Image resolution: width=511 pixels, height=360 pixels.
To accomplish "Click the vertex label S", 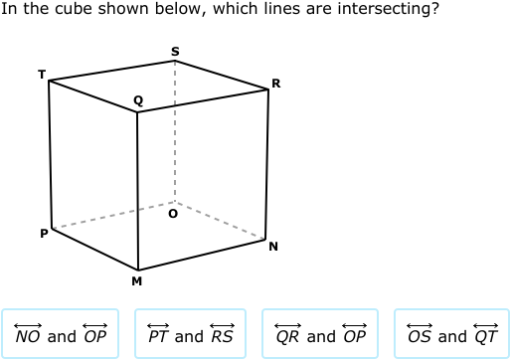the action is click(x=175, y=51).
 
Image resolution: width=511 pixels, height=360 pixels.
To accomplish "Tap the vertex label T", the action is click(x=42, y=74).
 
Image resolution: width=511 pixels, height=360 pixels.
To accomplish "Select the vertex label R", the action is click(x=275, y=84).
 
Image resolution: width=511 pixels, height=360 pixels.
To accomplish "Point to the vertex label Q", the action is click(x=137, y=100).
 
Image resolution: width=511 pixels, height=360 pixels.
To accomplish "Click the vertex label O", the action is click(x=173, y=213).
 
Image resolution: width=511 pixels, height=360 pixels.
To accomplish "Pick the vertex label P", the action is click(x=43, y=234).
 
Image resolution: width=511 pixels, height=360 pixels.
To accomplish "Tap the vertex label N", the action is click(x=272, y=247).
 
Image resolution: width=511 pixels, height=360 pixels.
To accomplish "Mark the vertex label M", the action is click(x=137, y=281).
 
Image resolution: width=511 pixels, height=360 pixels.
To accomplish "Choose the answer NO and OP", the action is click(x=61, y=335).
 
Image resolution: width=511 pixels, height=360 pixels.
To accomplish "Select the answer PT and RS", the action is click(x=191, y=335).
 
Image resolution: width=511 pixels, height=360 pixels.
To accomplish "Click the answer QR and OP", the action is click(x=320, y=335).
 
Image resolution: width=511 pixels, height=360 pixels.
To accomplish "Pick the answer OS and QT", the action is click(x=451, y=335).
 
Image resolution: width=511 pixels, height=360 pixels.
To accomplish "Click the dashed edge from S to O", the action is click(x=175, y=129).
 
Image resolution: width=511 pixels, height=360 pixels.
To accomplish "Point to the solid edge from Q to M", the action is click(x=137, y=189).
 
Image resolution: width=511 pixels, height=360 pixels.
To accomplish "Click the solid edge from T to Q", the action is click(x=93, y=95).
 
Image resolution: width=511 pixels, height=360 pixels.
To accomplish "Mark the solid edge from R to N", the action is click(x=267, y=164).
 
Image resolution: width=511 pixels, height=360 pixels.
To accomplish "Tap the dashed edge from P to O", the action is click(x=114, y=216).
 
